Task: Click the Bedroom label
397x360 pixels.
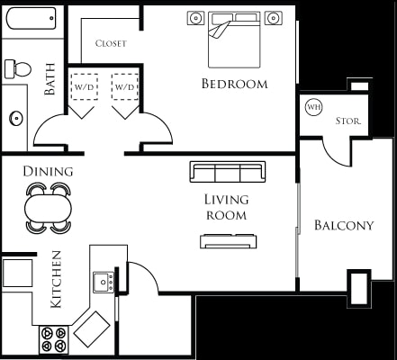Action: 234,84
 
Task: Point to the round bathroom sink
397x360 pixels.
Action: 15,117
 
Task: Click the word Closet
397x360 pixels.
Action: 111,42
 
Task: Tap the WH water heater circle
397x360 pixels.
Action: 313,107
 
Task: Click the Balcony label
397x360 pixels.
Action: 343,225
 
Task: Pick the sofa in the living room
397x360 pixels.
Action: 227,172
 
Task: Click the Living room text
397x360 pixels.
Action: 225,207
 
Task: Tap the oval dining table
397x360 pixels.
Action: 48,207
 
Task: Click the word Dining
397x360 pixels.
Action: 48,170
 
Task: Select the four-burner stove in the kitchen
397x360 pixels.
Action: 53,339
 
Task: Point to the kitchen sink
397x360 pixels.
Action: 104,282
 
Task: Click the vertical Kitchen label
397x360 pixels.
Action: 55,279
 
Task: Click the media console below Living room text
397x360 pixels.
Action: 229,239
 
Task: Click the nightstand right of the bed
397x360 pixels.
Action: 276,18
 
